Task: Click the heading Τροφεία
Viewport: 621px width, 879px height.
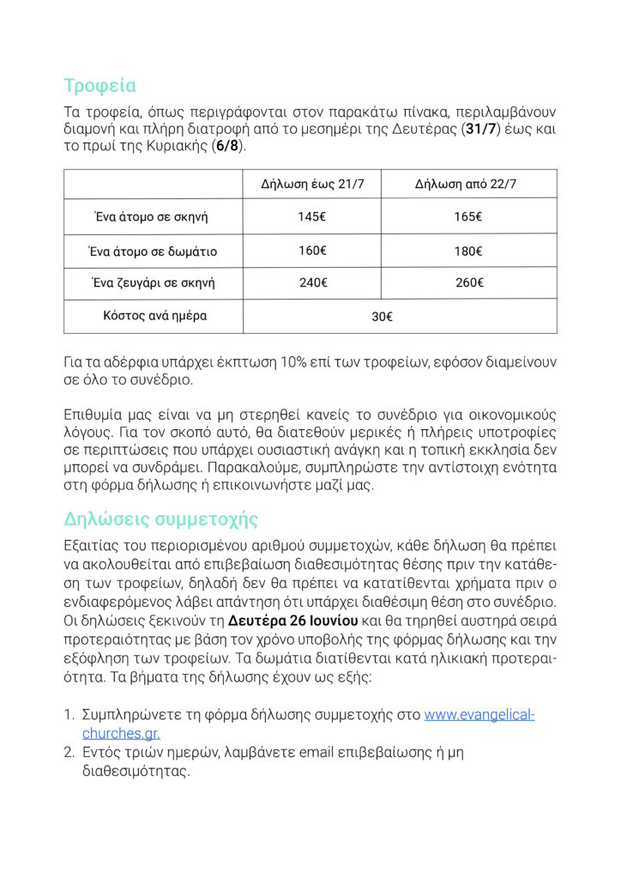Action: [x=99, y=86]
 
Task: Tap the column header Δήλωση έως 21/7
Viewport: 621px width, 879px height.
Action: [x=311, y=185]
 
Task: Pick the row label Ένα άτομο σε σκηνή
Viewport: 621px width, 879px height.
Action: [x=151, y=217]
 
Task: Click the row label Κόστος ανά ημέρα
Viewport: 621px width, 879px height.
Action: [x=154, y=316]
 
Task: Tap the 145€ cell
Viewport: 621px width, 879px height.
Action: [x=311, y=217]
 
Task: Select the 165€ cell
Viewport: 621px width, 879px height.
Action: [x=467, y=217]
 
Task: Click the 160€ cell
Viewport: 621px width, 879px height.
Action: [x=311, y=251]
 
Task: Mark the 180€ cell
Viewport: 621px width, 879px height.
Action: [x=467, y=252]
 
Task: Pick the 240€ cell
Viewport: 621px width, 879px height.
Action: [x=311, y=282]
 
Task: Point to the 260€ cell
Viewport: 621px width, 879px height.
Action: [x=467, y=282]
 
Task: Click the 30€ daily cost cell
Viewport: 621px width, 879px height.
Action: [x=383, y=317]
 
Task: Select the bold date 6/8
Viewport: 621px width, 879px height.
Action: [x=229, y=147]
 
